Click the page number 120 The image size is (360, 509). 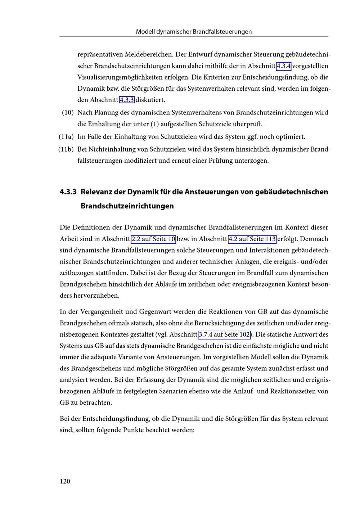(x=65, y=481)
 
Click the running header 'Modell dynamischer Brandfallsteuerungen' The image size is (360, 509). (x=194, y=32)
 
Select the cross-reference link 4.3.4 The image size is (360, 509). (x=283, y=66)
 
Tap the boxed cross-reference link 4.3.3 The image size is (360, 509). (x=127, y=100)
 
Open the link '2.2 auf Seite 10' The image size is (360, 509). (x=153, y=239)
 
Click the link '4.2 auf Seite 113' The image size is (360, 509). (x=252, y=239)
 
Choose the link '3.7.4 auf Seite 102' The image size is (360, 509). (x=225, y=334)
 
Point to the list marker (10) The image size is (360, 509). (x=68, y=113)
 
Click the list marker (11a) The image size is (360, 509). (x=66, y=137)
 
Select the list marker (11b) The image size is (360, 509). (x=66, y=149)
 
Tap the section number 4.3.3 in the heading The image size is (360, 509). (x=68, y=192)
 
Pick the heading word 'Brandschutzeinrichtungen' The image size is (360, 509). (x=127, y=206)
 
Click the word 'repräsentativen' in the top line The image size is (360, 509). (x=100, y=55)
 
